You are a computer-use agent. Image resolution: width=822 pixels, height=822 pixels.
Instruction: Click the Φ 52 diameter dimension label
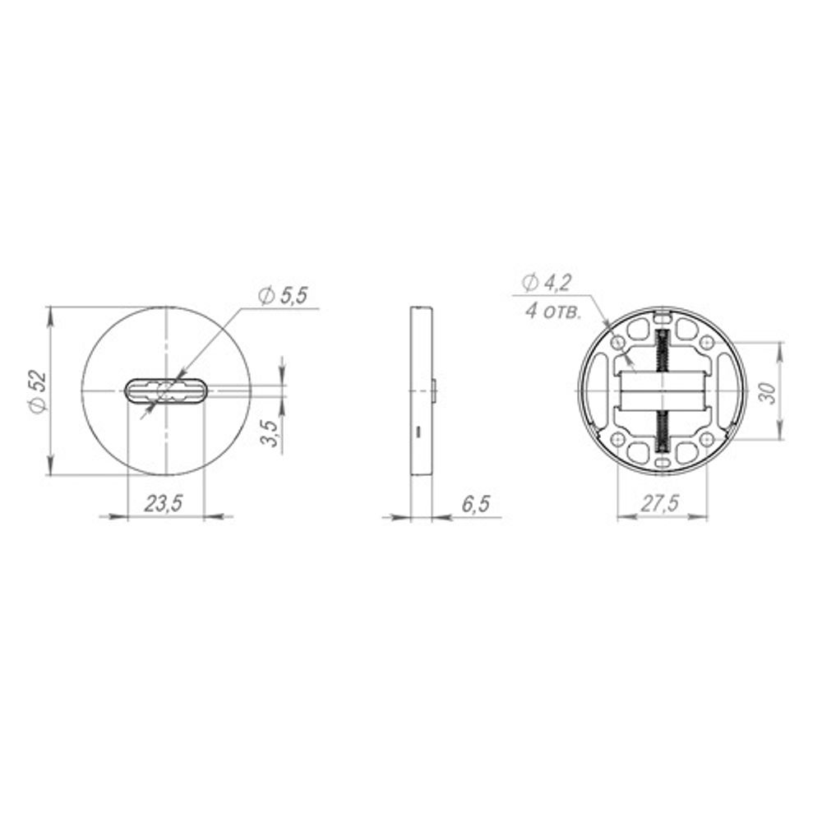(x=39, y=391)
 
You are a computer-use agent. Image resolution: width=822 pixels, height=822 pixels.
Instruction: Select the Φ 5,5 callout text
(x=283, y=296)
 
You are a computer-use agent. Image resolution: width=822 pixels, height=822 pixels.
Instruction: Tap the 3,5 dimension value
(x=270, y=432)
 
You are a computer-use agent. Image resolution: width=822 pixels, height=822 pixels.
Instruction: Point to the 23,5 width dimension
(x=164, y=504)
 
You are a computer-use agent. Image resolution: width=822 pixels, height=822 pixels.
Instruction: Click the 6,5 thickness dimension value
(x=475, y=504)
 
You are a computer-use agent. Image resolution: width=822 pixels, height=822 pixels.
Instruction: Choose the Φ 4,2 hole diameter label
(x=547, y=283)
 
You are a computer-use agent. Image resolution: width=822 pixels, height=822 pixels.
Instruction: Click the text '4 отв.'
(x=553, y=312)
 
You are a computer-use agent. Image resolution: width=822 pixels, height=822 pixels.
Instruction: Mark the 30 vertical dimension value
(x=768, y=393)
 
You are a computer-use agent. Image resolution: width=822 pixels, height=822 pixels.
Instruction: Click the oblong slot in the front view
(x=167, y=391)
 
